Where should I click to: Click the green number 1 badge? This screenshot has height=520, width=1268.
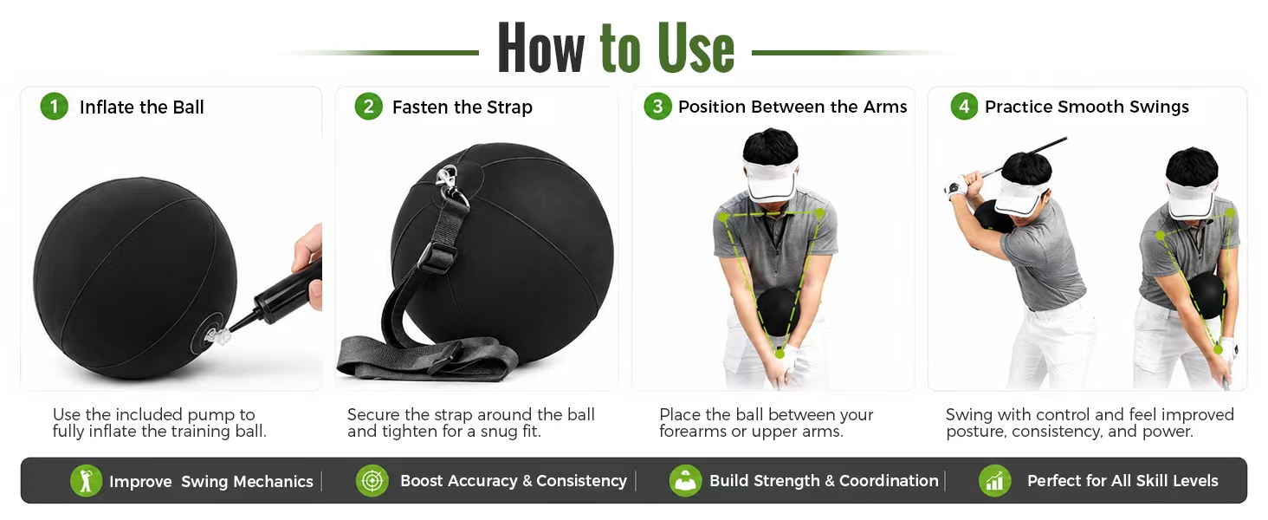tap(55, 107)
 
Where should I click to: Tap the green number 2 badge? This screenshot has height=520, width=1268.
tap(368, 107)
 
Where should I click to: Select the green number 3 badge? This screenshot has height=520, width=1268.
tap(657, 107)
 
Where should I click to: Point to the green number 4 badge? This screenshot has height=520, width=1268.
tap(964, 107)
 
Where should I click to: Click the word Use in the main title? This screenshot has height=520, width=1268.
tap(695, 49)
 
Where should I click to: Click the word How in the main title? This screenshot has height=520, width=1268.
tap(541, 49)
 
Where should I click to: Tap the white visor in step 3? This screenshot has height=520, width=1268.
tap(771, 179)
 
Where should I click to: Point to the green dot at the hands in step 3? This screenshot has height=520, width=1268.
tap(780, 354)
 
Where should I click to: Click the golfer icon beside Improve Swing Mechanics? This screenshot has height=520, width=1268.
tap(86, 481)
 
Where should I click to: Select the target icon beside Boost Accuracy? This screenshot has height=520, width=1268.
tap(372, 481)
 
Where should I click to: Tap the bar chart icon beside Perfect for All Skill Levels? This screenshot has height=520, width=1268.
tap(994, 481)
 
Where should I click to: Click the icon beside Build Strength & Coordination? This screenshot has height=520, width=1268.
tap(685, 481)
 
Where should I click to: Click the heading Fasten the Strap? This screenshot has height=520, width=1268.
tap(462, 107)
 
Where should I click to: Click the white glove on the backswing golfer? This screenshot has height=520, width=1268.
tap(956, 186)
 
